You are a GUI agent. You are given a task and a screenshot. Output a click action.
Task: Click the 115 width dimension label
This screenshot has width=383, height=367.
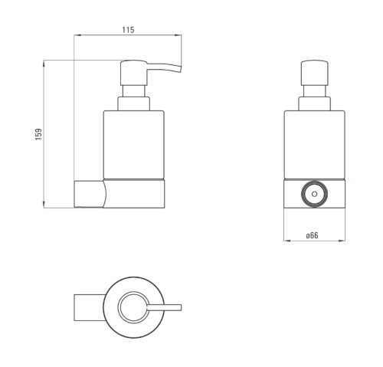128,30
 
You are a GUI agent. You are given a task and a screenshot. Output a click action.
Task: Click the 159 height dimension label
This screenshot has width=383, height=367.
38,134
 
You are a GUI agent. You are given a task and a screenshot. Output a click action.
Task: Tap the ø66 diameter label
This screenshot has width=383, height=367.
313,235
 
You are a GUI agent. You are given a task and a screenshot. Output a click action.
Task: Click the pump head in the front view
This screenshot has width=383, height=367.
314,73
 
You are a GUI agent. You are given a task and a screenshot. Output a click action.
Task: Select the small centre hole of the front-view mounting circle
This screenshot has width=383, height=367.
314,194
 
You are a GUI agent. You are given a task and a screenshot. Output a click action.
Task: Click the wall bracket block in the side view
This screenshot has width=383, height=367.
89,194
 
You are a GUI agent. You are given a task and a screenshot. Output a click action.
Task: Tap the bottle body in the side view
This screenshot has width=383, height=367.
134,145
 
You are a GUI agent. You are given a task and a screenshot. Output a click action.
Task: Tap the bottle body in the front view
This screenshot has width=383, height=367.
314,145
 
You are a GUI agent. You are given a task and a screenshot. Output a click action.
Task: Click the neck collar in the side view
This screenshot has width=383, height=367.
133,103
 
